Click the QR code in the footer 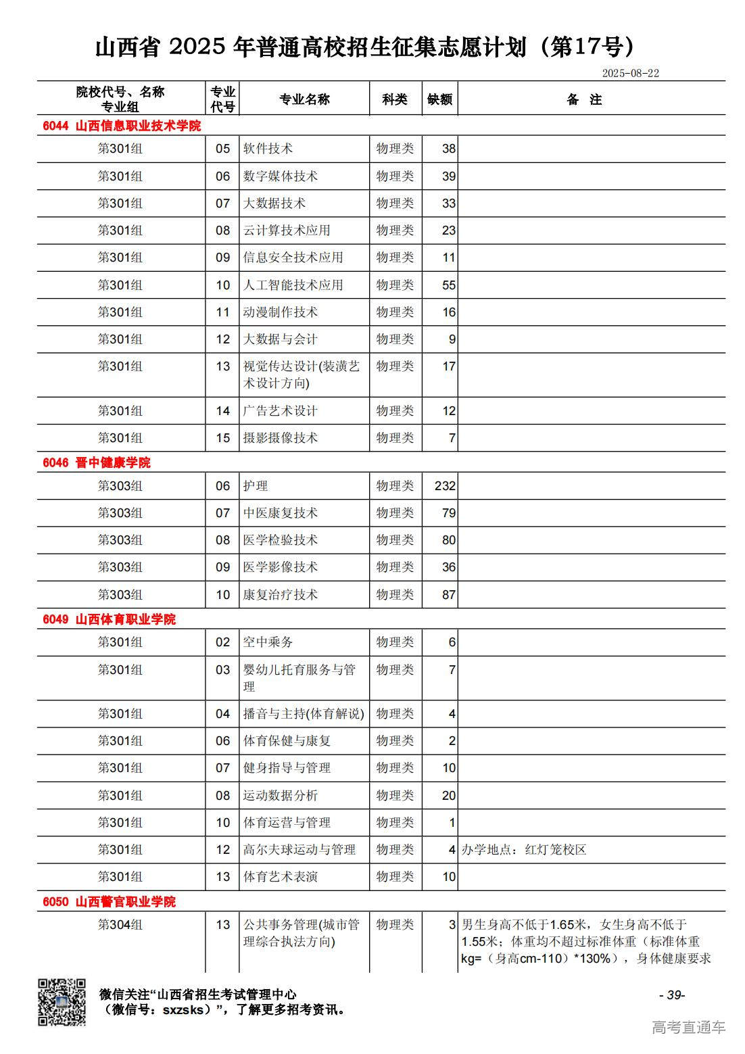(62, 1002)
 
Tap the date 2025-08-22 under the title (630, 73)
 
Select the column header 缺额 (439, 99)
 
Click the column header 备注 (584, 99)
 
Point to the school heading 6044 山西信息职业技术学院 (122, 126)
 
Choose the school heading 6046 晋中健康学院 (97, 462)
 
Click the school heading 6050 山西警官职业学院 (109, 902)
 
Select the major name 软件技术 (268, 149)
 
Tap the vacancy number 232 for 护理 (445, 486)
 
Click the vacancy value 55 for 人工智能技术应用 (448, 285)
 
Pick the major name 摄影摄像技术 (281, 438)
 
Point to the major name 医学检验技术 (281, 540)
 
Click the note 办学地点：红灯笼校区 (524, 850)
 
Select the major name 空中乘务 (268, 642)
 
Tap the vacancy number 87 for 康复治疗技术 (448, 595)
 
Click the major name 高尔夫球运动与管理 (299, 850)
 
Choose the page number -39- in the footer (672, 995)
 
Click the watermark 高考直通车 (688, 1028)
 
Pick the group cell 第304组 (120, 925)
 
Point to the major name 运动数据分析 (281, 796)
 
